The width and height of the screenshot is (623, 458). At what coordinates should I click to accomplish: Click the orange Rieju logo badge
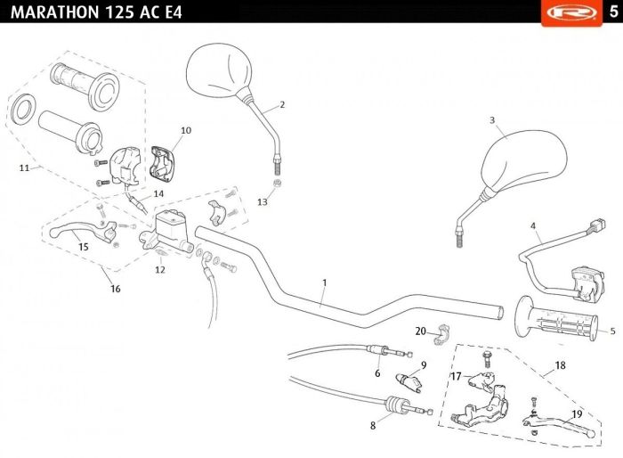(x=571, y=12)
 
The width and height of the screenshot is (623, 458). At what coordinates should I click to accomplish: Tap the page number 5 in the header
(x=613, y=12)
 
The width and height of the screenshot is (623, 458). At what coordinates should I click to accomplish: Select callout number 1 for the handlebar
(x=325, y=282)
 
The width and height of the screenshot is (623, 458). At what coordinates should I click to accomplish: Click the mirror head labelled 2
(x=219, y=70)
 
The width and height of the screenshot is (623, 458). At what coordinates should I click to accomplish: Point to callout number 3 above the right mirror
(x=492, y=120)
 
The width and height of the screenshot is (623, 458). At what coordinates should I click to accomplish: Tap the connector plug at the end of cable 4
(x=597, y=225)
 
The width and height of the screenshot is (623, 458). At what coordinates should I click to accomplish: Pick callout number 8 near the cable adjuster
(x=373, y=425)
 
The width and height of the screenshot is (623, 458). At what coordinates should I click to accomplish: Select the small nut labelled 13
(x=278, y=184)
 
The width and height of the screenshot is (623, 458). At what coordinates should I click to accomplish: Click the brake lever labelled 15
(x=82, y=233)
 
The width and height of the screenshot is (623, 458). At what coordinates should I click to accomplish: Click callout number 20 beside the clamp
(x=420, y=331)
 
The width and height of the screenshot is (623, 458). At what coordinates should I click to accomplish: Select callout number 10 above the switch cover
(x=186, y=130)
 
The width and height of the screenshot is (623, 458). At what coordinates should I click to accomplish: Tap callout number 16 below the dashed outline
(x=115, y=289)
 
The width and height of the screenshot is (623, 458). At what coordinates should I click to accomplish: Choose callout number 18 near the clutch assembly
(x=560, y=365)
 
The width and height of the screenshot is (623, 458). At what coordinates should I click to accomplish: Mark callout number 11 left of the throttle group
(x=24, y=168)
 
